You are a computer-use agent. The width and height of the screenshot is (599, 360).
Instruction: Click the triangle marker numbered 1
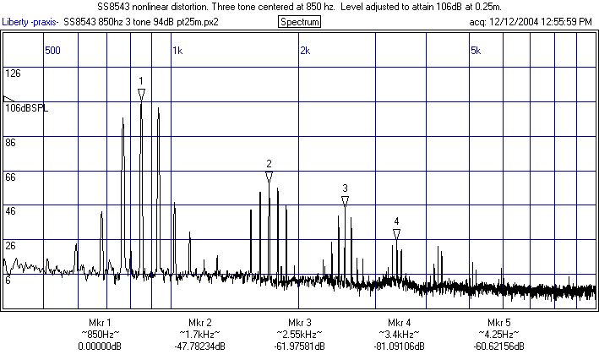coord(141,93)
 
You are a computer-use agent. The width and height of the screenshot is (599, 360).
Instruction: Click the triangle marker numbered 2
coord(269,177)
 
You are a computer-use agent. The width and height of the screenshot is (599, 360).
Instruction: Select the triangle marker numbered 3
coord(345,201)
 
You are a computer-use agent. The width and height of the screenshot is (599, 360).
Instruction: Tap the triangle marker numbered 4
coord(396,233)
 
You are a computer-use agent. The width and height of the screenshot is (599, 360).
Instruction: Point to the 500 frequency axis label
coord(52,51)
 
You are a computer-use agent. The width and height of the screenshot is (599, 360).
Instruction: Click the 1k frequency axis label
coord(177,51)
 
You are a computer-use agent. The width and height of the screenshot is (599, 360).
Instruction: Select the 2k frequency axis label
coord(304,51)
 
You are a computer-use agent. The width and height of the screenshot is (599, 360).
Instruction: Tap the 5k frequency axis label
coord(476,51)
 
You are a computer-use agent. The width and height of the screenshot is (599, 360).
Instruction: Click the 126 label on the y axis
coord(13,74)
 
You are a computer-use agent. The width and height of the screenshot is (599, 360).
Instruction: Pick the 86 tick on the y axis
coord(11,144)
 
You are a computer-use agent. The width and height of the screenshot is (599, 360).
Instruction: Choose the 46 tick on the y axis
coord(11,211)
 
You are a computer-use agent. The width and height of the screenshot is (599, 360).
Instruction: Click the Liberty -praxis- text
coord(30,21)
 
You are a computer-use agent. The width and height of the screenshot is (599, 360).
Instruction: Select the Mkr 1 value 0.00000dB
coord(99,346)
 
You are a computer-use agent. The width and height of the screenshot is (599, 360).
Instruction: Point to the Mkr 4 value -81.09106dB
coord(399,346)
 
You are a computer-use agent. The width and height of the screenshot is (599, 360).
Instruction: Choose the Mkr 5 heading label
coord(498,324)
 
